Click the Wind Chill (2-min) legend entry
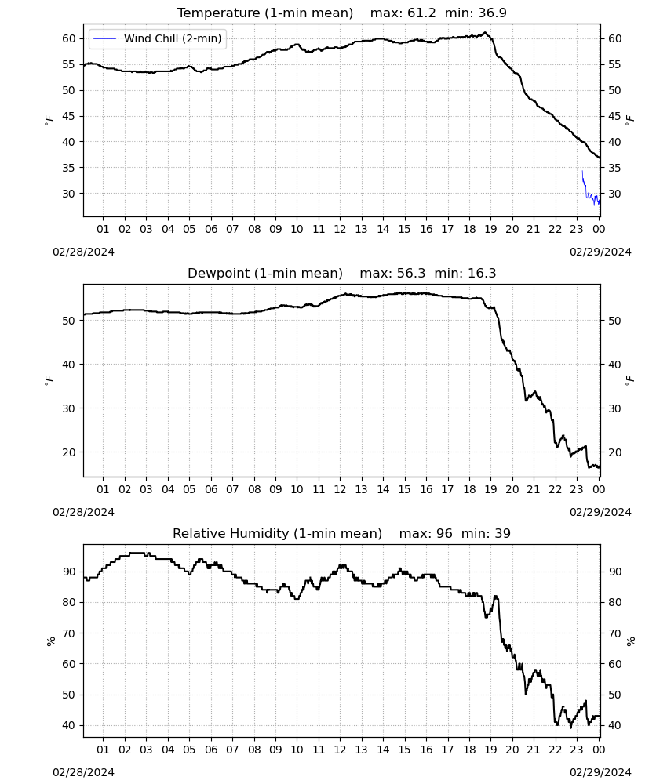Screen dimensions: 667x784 [158, 38]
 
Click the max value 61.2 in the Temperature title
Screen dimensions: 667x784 [422, 13]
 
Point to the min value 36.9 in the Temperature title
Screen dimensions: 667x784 [492, 13]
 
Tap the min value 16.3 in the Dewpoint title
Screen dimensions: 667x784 [482, 274]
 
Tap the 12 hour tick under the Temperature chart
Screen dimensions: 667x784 [340, 229]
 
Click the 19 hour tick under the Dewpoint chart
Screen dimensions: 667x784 [491, 489]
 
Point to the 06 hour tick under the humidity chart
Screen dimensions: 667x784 [211, 750]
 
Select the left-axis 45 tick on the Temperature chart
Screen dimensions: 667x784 [68, 116]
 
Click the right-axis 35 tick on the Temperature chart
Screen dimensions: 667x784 [614, 168]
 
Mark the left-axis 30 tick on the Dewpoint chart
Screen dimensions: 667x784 [68, 408]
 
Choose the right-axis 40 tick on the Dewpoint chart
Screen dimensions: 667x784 [614, 365]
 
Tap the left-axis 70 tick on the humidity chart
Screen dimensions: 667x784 [68, 633]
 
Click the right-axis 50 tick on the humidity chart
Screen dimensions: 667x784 [614, 695]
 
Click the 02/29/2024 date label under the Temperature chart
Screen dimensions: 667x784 [600, 252]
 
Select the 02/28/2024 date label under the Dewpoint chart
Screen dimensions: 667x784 [83, 512]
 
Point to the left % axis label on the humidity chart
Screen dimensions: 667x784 [50, 641]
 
